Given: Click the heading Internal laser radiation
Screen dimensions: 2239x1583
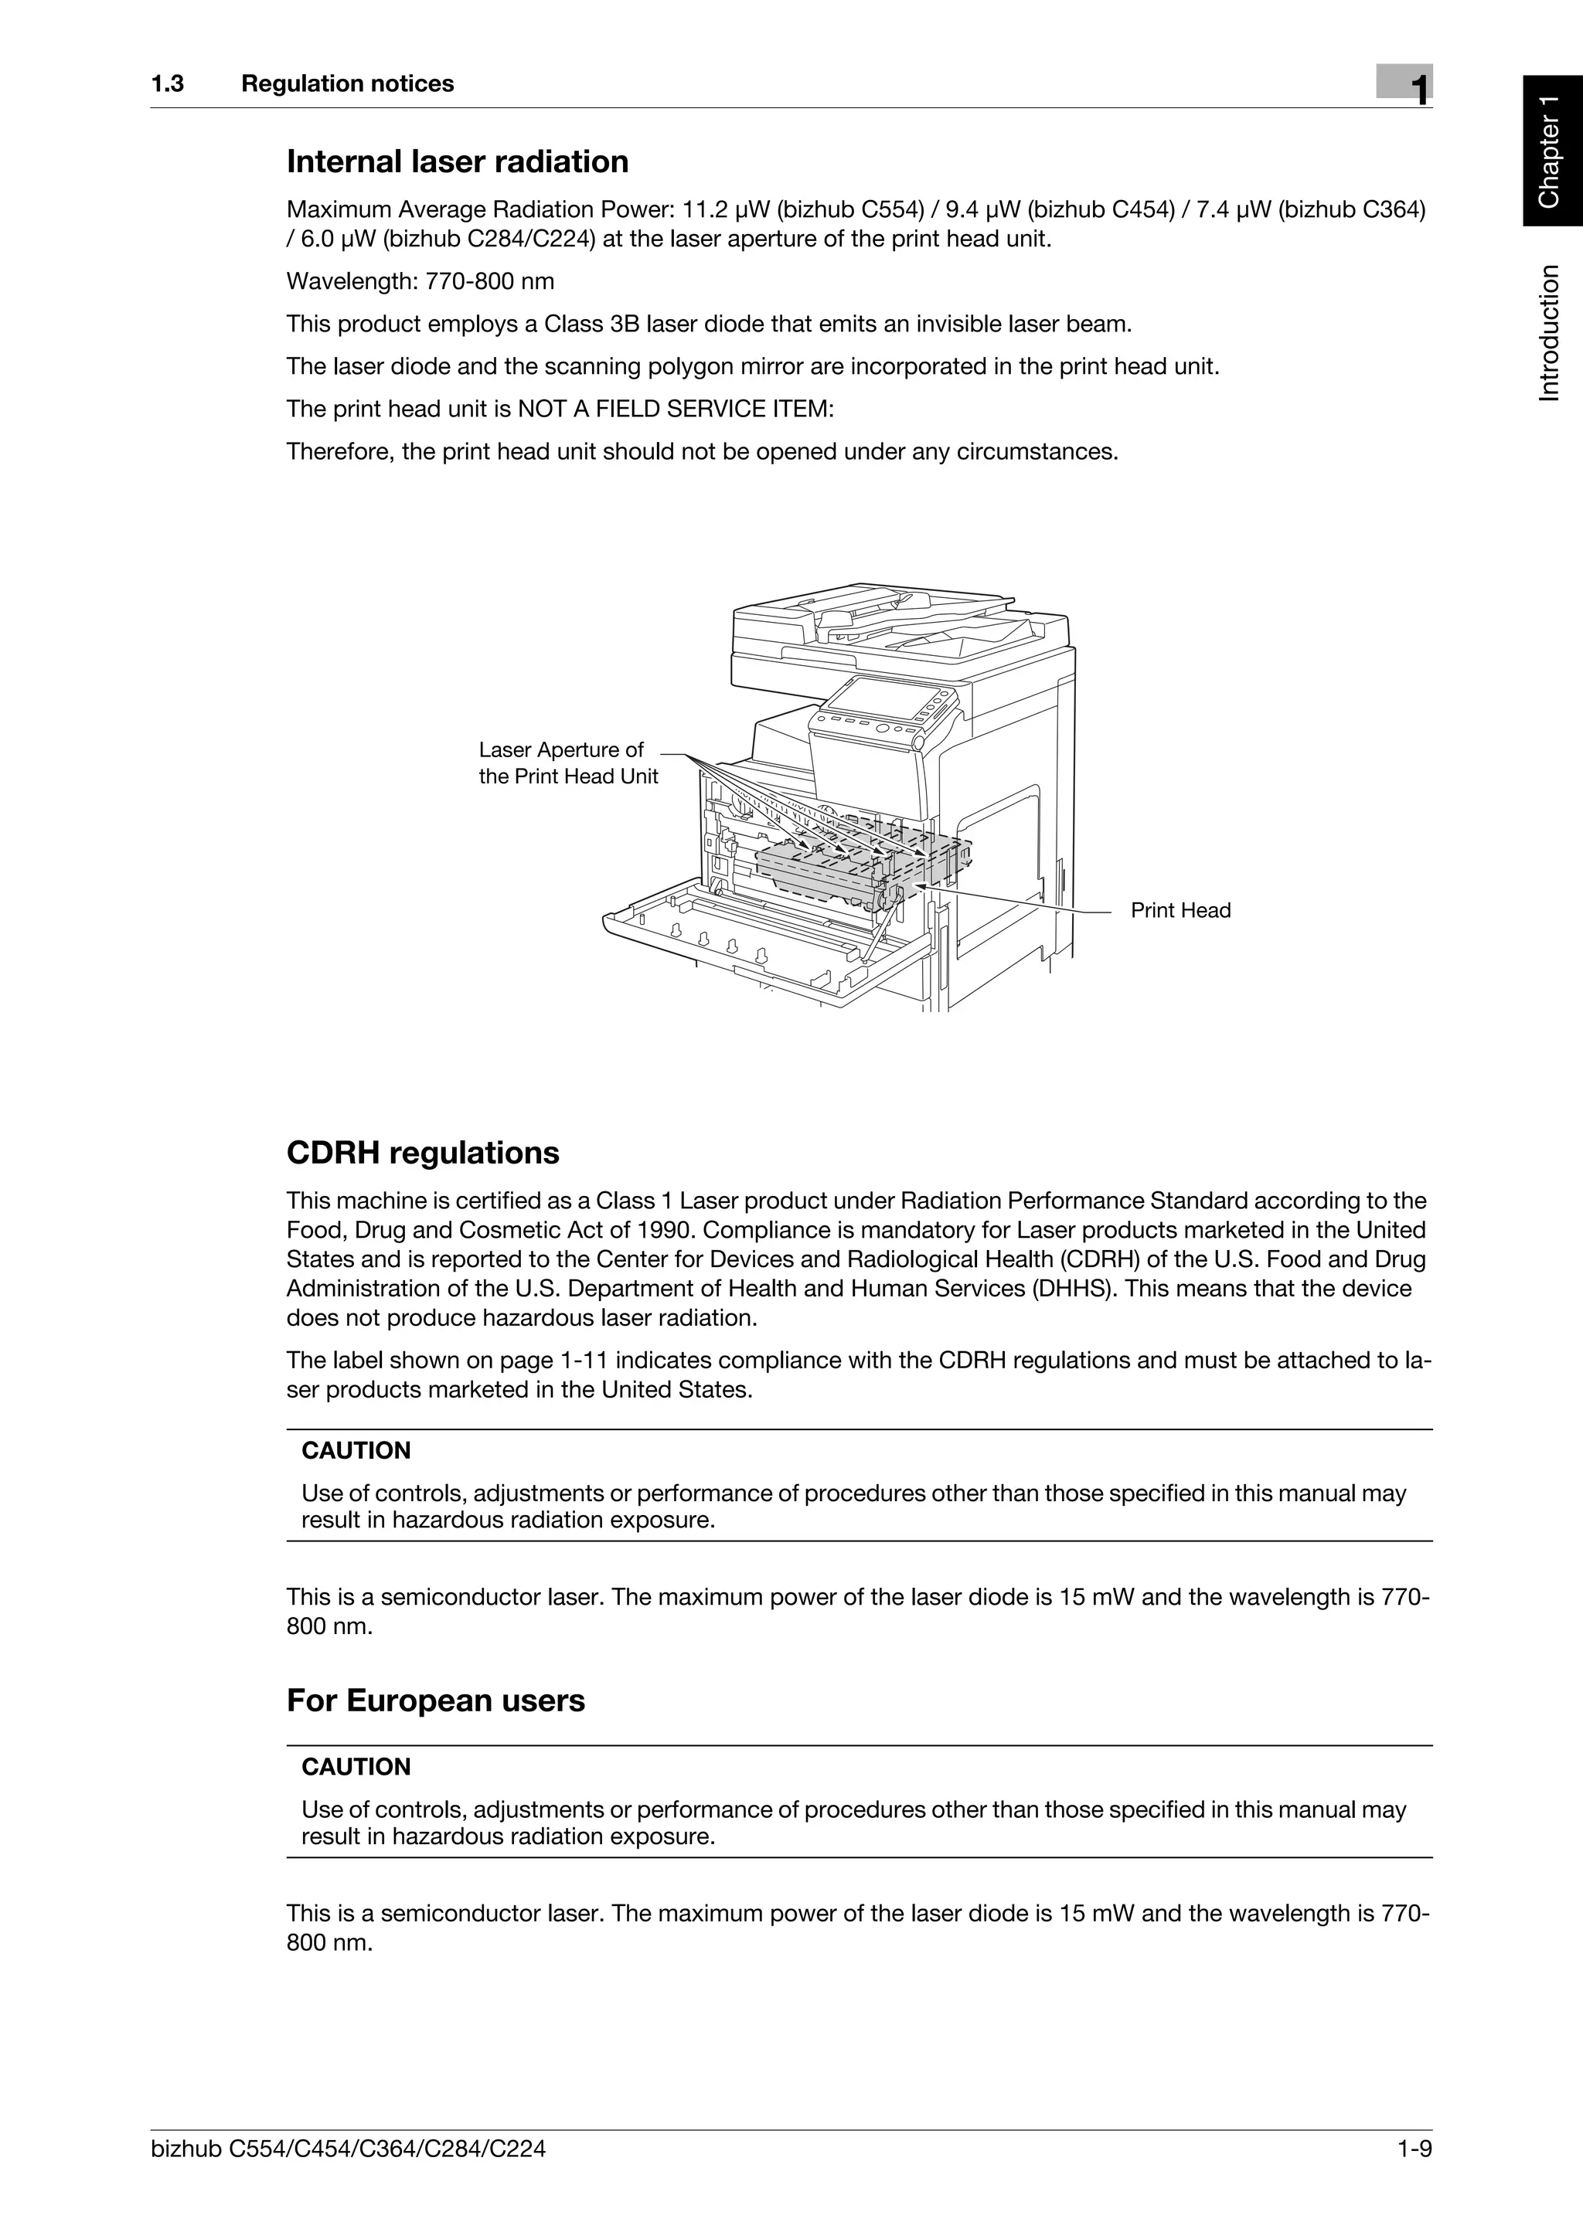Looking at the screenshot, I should coord(457,162).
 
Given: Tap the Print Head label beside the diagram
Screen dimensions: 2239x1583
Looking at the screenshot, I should coord(1180,910).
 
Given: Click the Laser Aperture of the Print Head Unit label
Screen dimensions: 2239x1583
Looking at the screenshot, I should coord(567,763).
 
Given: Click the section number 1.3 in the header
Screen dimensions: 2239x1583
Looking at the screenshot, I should coord(167,84).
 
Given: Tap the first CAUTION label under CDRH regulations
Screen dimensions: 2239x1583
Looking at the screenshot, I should coord(356,1450).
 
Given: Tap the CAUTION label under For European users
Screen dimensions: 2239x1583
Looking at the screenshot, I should coord(356,1766).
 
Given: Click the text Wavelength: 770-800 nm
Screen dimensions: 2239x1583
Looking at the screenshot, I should coord(420,282).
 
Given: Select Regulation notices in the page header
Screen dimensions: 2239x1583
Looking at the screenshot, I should coord(347,84).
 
